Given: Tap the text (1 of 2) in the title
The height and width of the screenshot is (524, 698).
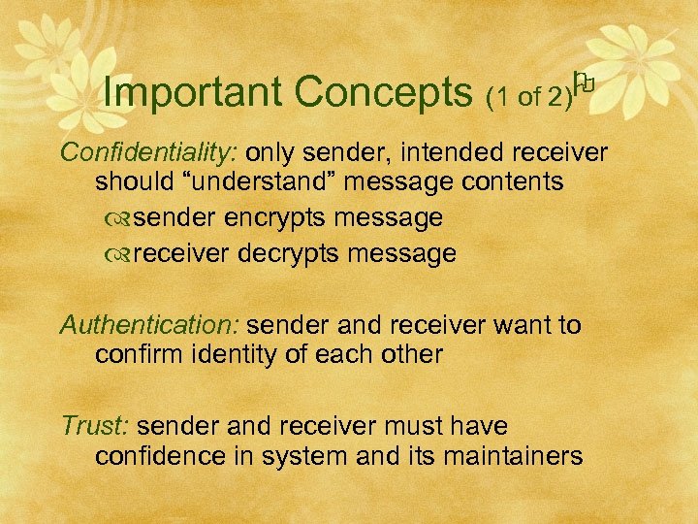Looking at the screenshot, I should click(527, 95).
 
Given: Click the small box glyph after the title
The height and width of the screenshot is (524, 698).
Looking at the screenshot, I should click(582, 85).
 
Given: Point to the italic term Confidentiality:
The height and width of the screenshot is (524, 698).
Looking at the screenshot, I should click(149, 152).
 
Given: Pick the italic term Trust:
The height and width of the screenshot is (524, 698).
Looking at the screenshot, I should click(97, 426).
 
